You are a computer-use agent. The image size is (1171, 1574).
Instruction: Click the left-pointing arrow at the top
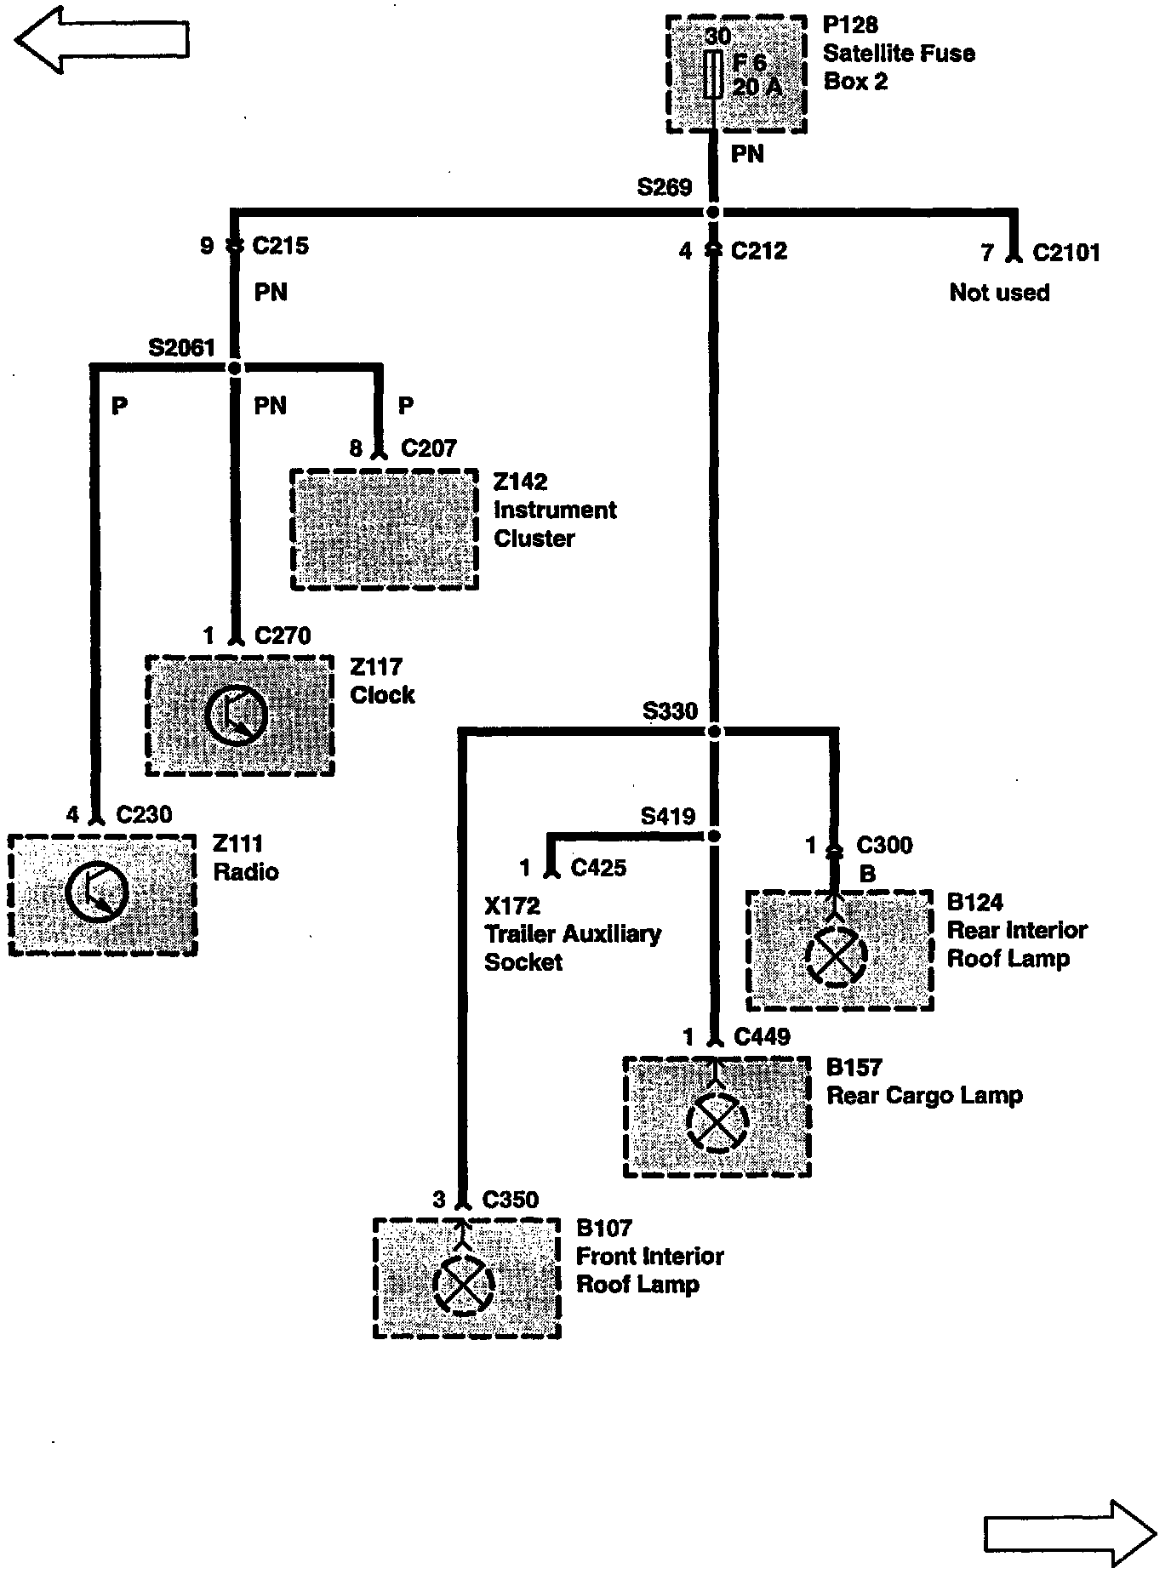click(x=102, y=40)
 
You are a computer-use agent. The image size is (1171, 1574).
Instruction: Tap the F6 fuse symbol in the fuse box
click(x=717, y=74)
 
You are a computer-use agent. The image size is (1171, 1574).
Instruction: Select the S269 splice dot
click(x=713, y=212)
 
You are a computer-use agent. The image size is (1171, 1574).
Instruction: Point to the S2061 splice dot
click(x=235, y=368)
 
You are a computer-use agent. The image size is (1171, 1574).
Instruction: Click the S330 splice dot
click(x=714, y=731)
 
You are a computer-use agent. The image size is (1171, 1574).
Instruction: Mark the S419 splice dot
click(x=714, y=836)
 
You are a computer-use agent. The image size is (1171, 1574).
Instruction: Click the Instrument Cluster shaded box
click(x=385, y=529)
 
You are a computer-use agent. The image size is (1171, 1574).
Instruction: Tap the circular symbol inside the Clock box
click(x=237, y=716)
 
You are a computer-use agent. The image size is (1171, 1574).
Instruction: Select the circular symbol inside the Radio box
click(x=97, y=893)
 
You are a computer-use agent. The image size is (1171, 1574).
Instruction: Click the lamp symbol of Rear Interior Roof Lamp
click(x=836, y=955)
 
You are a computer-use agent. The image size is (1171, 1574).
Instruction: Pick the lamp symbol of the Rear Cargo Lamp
click(x=717, y=1122)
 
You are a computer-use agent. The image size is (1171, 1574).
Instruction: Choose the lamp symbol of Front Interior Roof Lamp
click(x=463, y=1285)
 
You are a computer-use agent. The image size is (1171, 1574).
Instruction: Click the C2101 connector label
click(x=1065, y=253)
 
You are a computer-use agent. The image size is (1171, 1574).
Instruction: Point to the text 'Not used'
click(x=999, y=293)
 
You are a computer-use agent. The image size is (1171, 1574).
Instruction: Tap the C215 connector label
click(x=281, y=247)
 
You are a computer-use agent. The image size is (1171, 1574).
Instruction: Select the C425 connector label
click(x=598, y=868)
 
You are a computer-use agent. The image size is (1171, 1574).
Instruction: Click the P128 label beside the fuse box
click(x=850, y=26)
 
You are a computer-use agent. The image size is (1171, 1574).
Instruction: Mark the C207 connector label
click(x=429, y=448)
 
